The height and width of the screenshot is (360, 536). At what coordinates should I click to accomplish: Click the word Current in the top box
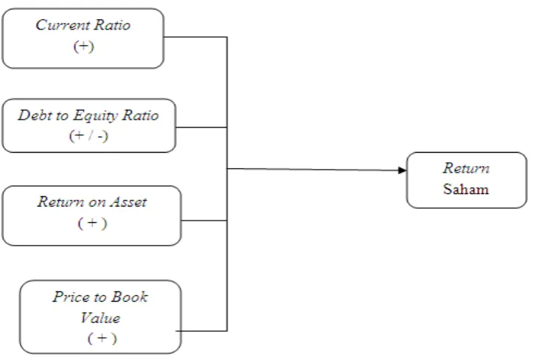point(63,25)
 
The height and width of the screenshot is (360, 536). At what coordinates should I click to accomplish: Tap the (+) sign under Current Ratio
point(84,46)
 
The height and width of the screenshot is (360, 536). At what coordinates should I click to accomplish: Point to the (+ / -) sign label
point(88,136)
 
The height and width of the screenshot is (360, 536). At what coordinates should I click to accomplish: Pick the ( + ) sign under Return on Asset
point(93,224)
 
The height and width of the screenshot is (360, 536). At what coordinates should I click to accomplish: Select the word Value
point(100,318)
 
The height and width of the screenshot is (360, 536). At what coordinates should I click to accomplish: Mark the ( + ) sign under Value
point(102,339)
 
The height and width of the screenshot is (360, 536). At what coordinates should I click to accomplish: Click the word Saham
point(466,189)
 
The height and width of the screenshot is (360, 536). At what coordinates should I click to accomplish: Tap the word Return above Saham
point(466,168)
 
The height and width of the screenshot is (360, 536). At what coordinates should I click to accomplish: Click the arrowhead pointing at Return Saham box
point(403,170)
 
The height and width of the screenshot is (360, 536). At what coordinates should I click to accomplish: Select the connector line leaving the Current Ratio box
point(195,37)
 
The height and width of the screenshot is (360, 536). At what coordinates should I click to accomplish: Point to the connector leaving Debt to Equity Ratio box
point(201,128)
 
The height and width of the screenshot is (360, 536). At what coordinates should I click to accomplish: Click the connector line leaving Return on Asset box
point(204,221)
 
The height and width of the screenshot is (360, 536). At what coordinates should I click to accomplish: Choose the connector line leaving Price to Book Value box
point(201,331)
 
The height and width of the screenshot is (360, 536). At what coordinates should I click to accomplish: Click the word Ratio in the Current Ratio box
point(113,25)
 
